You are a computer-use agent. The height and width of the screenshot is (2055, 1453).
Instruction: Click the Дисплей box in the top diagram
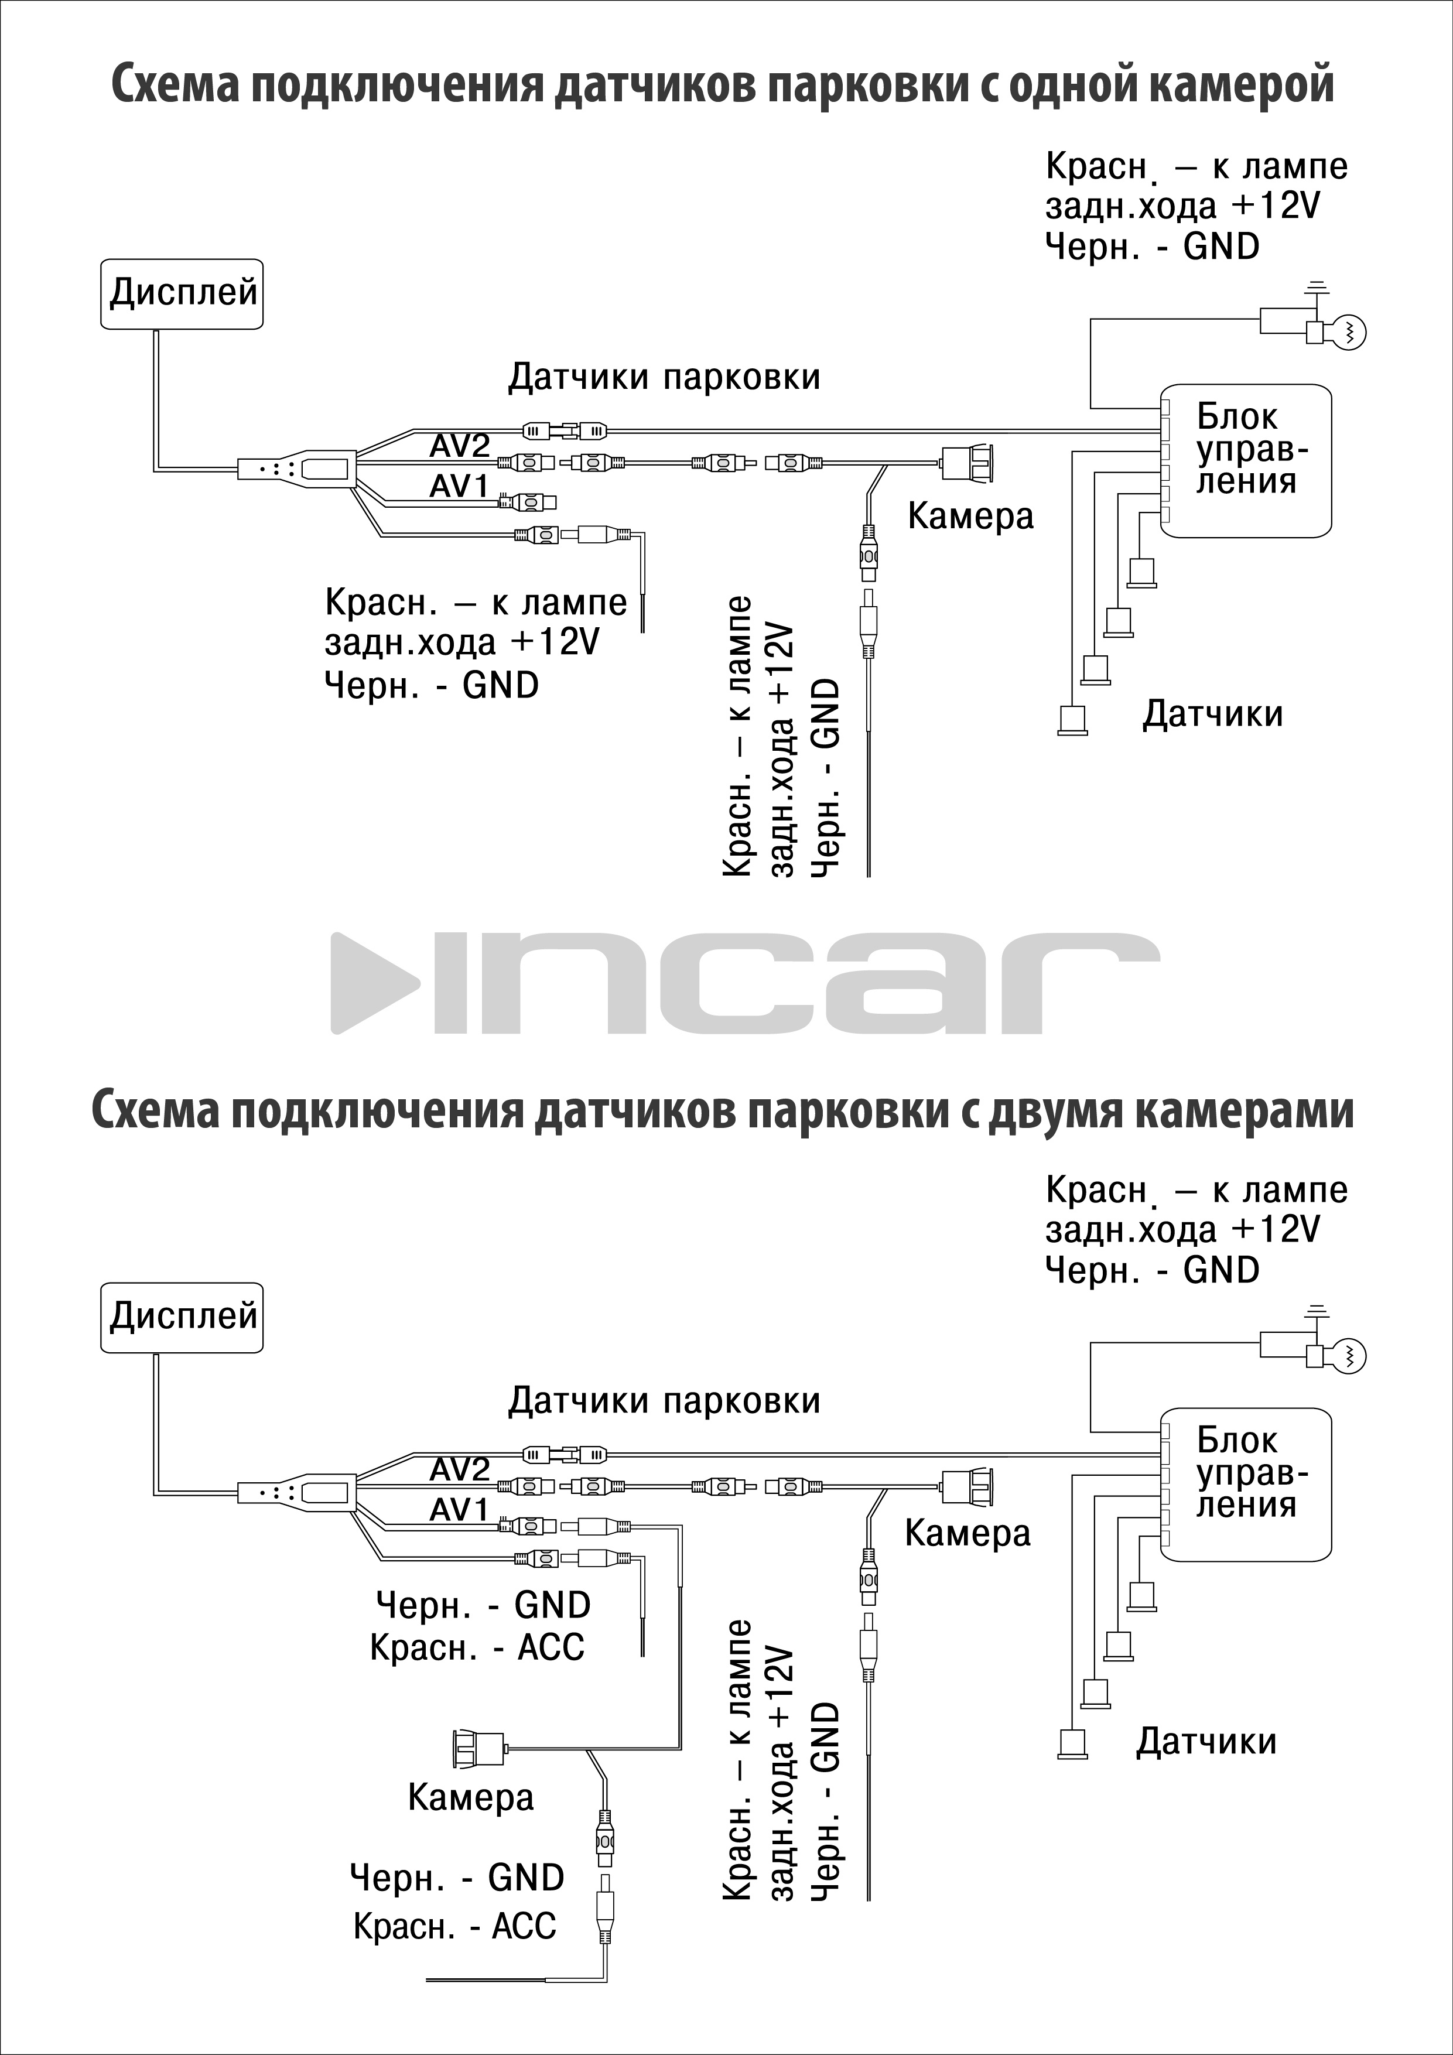point(182,293)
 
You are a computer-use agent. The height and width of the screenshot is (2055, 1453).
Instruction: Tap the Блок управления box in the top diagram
point(1246,460)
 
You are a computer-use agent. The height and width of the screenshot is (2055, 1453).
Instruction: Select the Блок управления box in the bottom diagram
point(1246,1484)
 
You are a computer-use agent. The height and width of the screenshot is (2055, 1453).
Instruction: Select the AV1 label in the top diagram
point(459,486)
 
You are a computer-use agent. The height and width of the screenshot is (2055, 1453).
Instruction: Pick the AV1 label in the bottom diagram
point(459,1510)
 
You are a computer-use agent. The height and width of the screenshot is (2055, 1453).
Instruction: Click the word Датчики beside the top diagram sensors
point(1212,714)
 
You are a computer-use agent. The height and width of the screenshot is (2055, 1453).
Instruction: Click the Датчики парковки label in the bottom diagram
point(664,1401)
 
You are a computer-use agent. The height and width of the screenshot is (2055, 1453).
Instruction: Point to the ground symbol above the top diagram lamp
point(1315,288)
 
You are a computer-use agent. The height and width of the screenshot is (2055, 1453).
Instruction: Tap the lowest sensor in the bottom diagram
point(1072,1743)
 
